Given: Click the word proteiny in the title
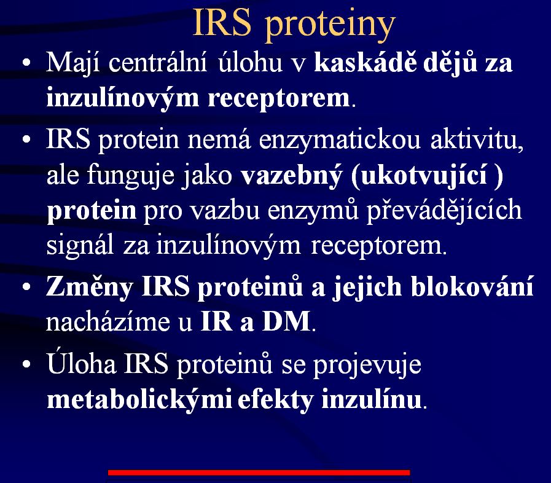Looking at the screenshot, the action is (x=330, y=25).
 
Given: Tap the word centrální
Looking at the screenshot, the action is (x=157, y=63).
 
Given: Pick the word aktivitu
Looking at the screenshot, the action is (x=477, y=139).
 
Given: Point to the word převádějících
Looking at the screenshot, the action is (x=444, y=211).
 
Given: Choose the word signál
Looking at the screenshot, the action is (x=80, y=246).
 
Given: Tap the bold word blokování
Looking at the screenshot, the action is (x=472, y=286).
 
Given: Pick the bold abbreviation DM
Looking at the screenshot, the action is (x=286, y=321).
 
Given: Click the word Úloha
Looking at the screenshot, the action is (x=81, y=363).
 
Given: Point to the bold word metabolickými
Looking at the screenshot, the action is (x=139, y=399).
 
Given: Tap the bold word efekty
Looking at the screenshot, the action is (x=275, y=399).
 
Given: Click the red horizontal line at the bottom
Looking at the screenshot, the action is (x=259, y=473).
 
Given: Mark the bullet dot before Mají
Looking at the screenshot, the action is (x=26, y=63).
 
